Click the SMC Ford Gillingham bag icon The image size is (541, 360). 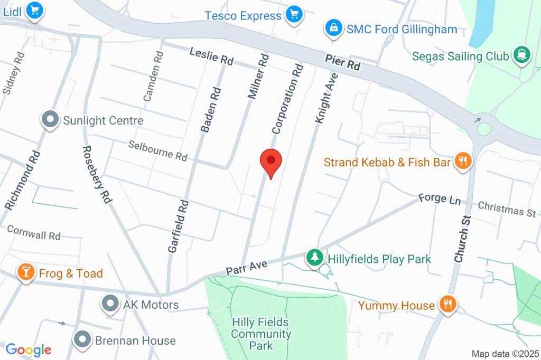tap(333, 29)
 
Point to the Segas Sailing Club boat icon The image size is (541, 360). tap(521, 55)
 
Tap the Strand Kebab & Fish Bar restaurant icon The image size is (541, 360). tap(462, 162)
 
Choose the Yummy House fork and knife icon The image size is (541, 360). tap(448, 304)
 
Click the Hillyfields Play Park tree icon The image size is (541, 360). tap(315, 258)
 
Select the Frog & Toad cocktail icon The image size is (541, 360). tap(25, 272)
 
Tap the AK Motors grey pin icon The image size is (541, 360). tap(110, 304)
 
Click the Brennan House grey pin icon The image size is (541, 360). tap(82, 339)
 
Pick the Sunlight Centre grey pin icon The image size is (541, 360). tap(51, 120)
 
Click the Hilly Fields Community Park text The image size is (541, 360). tap(261, 334)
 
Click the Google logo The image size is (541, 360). tap(29, 349)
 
